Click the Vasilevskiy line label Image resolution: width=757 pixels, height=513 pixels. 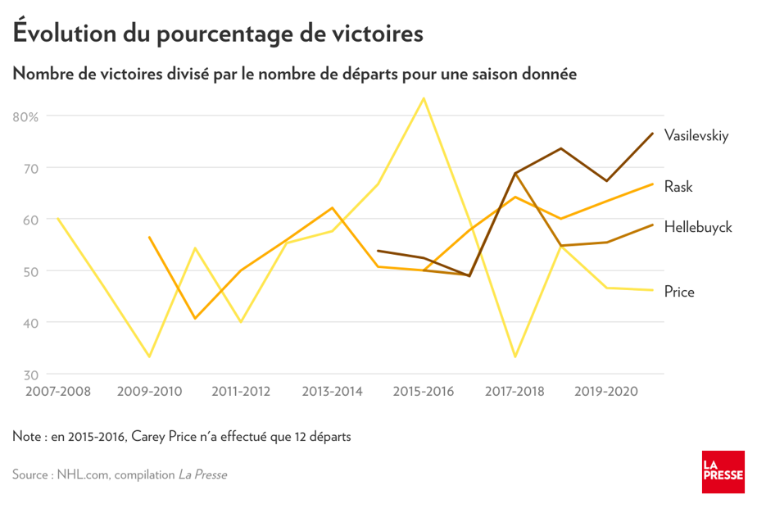coord(696,135)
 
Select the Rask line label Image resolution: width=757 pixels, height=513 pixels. coord(678,187)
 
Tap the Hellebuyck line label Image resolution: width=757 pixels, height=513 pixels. coord(698,227)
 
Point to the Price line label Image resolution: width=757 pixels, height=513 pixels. coord(679,291)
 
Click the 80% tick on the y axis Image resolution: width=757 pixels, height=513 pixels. coord(26,116)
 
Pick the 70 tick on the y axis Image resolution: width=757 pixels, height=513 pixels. coord(31,168)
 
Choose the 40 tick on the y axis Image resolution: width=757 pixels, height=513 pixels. coord(31,323)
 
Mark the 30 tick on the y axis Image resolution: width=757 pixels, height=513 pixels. coord(31,375)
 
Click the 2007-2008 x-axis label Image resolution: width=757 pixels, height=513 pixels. coord(57,391)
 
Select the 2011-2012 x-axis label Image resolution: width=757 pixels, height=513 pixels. coord(241,391)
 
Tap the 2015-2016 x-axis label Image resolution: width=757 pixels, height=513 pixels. coord(424,391)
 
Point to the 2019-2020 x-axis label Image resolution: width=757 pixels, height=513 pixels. coord(607,391)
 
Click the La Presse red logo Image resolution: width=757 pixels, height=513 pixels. coord(723,472)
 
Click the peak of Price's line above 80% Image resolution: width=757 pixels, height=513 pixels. coord(424,99)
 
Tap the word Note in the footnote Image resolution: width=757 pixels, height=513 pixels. coord(29,437)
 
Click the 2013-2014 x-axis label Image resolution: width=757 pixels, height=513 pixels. coord(333,391)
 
